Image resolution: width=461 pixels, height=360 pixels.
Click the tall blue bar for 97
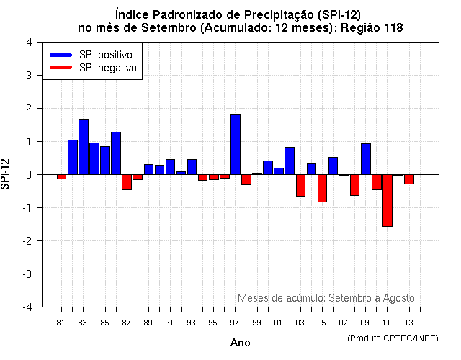(236, 144)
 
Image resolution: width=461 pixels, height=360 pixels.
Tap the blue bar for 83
(84, 147)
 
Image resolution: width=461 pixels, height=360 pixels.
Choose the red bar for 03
(300, 185)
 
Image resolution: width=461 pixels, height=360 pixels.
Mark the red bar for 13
(409, 179)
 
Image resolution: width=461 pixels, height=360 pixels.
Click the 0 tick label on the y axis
(28, 174)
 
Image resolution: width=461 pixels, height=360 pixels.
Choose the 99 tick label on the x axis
(256, 323)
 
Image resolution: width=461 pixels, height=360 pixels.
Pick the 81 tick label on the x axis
(61, 323)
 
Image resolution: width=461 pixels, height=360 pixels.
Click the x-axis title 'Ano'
(240, 343)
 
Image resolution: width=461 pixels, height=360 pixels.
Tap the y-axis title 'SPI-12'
(6, 174)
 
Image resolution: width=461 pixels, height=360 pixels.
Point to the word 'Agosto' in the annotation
(399, 297)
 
